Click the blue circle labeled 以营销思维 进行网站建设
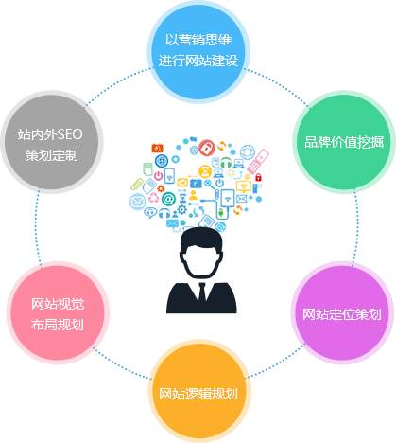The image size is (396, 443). [198, 51]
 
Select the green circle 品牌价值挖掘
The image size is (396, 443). [344, 142]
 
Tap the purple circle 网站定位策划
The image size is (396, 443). [342, 312]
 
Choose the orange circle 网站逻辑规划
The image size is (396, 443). [199, 391]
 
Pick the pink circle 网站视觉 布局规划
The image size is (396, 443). [58, 312]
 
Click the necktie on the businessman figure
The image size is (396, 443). [201, 292]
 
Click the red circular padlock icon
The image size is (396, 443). [207, 148]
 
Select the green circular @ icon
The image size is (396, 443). [168, 199]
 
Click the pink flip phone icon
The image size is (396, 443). [258, 161]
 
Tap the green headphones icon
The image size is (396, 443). [226, 163]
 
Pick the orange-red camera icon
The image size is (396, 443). [157, 148]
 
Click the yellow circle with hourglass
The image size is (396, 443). [205, 171]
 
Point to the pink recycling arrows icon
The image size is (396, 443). [154, 197]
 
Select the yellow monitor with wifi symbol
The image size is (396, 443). [244, 186]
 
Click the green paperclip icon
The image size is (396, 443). [137, 185]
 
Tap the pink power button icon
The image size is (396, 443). [158, 175]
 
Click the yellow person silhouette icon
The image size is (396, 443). [193, 196]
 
